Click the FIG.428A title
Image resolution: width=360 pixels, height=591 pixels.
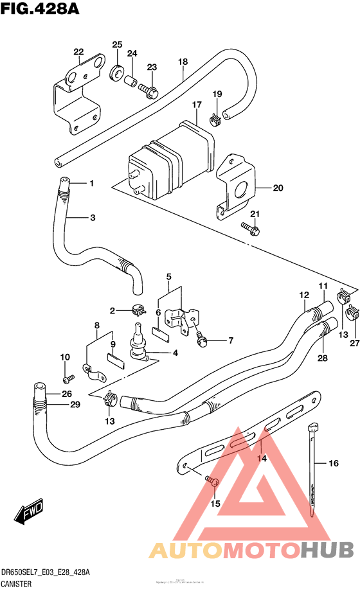[x=36, y=11]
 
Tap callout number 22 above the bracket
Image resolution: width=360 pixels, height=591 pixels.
[x=78, y=52]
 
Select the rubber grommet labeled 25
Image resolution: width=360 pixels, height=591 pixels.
[x=118, y=71]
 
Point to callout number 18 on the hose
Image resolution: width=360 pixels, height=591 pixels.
[x=183, y=62]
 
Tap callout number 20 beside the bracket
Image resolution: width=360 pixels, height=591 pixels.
[x=278, y=188]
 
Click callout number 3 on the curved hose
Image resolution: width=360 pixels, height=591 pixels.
[x=93, y=218]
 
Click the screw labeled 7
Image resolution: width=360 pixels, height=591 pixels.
[x=203, y=342]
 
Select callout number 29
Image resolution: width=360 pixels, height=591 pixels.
[x=75, y=404]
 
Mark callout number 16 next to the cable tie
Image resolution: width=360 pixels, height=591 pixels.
[x=333, y=463]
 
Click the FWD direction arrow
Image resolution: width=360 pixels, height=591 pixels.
[x=28, y=511]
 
